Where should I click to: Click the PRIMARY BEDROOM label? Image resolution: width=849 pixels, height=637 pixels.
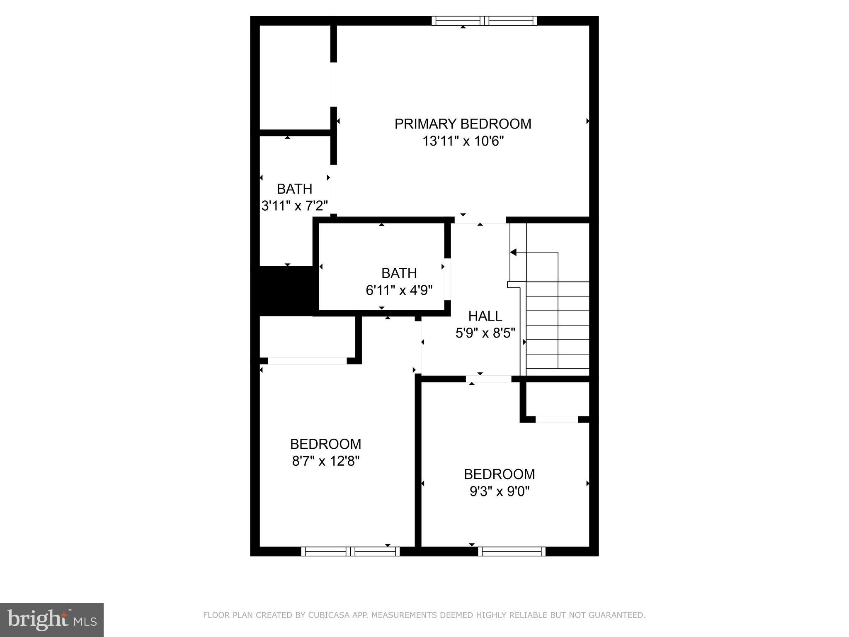[x=463, y=124]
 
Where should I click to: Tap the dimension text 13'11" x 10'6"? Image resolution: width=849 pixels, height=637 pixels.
[x=463, y=141]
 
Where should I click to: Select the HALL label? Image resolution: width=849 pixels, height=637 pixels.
[x=485, y=316]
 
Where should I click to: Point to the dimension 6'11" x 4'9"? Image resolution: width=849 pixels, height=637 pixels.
[x=399, y=290]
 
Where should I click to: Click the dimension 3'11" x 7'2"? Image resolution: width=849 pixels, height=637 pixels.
[x=294, y=206]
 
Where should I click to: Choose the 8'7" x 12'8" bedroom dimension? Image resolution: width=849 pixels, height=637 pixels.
[x=325, y=461]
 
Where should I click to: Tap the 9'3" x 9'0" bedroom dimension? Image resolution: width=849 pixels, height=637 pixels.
[x=500, y=491]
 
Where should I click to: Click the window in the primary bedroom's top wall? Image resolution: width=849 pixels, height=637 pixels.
[x=484, y=21]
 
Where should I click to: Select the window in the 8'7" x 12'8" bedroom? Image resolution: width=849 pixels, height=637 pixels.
[x=350, y=551]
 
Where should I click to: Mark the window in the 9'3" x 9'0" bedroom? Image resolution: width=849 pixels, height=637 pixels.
[x=512, y=551]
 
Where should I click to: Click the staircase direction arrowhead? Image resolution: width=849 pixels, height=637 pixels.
[x=513, y=252]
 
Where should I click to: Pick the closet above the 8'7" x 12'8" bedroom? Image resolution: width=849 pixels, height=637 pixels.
[x=307, y=336]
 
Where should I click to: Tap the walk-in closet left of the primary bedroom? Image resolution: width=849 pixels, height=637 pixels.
[x=294, y=78]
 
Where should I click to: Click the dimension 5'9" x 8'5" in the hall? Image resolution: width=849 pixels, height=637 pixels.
[x=485, y=333]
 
